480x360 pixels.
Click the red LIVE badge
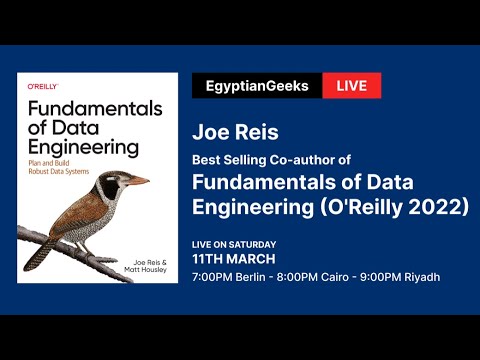352,86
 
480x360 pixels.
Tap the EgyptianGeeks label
257,86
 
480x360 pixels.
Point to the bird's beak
136,181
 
